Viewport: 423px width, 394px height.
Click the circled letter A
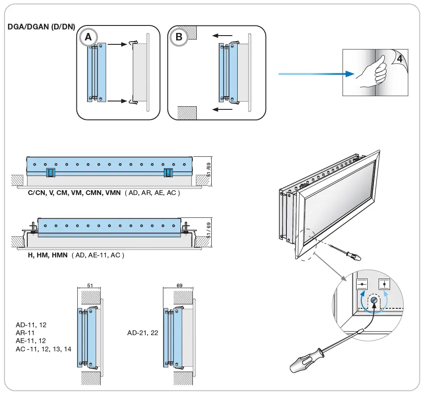[x=88, y=37]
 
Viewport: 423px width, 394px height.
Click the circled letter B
[x=179, y=37]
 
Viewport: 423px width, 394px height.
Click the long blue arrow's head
[x=349, y=74]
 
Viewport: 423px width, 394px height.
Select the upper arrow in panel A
[x=117, y=44]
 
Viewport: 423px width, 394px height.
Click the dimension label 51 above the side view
[x=90, y=286]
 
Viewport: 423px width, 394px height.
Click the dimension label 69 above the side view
[x=179, y=286]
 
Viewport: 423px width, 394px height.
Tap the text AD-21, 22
[x=143, y=333]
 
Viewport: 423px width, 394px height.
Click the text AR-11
[x=25, y=333]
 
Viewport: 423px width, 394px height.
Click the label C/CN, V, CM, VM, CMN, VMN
[x=75, y=192]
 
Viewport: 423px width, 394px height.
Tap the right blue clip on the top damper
[x=168, y=173]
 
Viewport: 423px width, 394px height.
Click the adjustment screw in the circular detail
[x=373, y=300]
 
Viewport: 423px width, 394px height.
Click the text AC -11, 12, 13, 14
[x=43, y=348]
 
